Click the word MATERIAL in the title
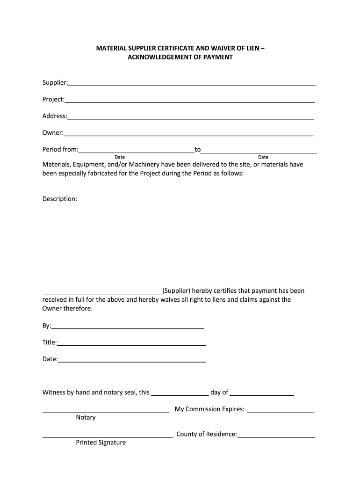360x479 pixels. tap(110, 48)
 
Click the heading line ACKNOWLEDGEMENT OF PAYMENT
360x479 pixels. tap(180, 57)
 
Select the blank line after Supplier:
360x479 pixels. tap(192, 84)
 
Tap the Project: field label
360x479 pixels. tap(53, 100)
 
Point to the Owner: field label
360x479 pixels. tap(53, 133)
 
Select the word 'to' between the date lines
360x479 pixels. tap(198, 150)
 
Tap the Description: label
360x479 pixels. tap(60, 199)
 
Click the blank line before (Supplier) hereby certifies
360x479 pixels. tap(102, 292)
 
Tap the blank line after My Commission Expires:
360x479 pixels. tap(281, 411)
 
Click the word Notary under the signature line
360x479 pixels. tap(86, 417)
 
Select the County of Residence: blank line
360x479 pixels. tap(276, 436)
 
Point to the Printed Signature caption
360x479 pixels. tap(101, 443)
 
